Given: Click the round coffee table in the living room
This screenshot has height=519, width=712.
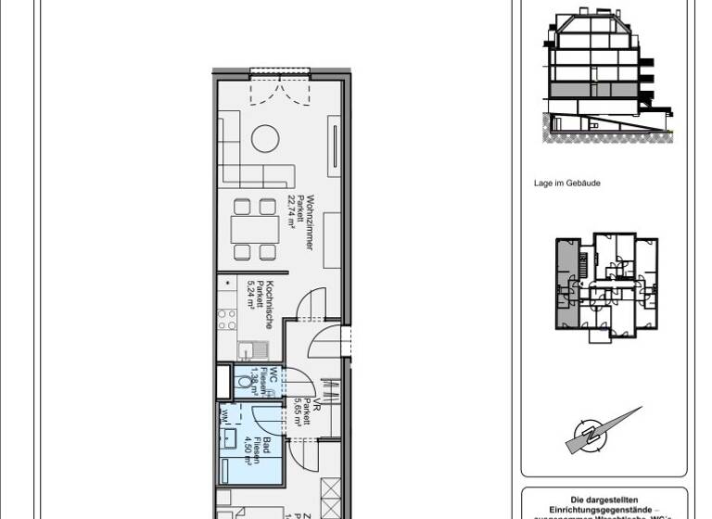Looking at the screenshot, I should point(266,138).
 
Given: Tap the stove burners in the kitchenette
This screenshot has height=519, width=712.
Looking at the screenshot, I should point(227,320).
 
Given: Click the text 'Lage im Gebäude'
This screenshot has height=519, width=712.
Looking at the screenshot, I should point(566,184).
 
